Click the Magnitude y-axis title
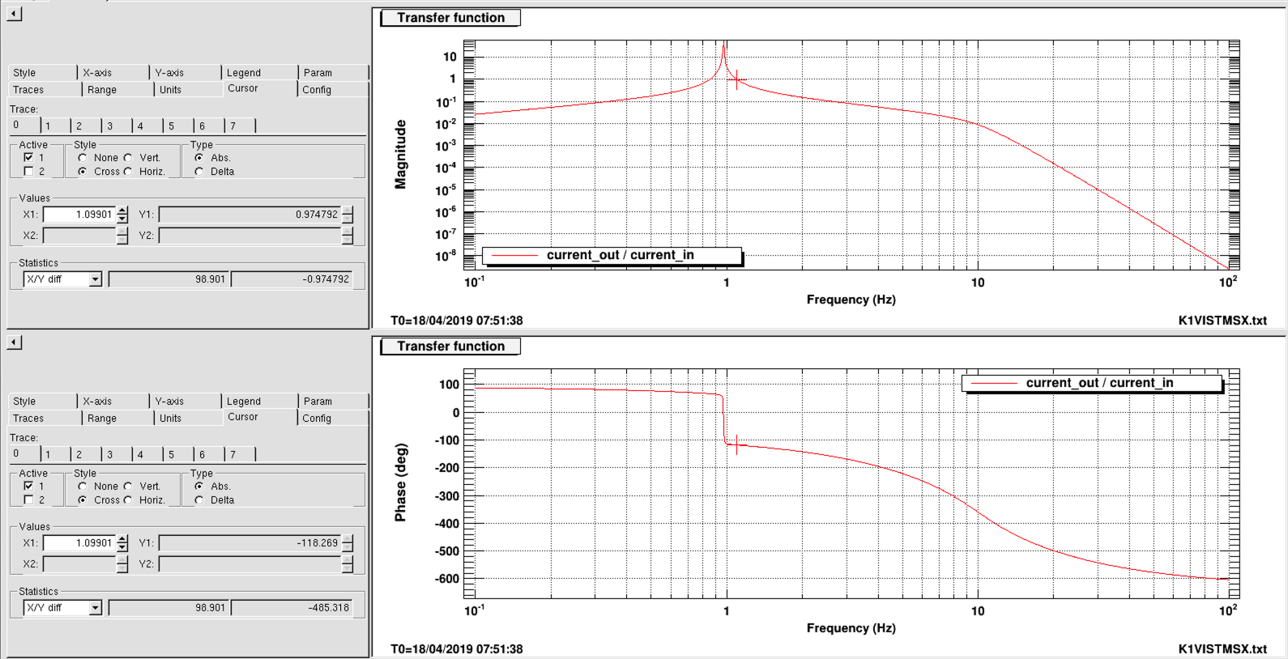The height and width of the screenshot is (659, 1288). [400, 155]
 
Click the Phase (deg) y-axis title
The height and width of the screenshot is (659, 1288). [400, 483]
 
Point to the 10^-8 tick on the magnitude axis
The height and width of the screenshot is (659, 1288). [446, 257]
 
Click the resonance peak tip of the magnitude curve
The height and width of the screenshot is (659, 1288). [723, 45]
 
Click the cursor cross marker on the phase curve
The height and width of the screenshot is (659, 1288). [736, 444]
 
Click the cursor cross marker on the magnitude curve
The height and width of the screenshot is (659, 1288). [736, 79]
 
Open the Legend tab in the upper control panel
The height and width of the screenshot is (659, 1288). [244, 73]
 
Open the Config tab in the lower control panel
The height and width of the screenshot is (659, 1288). [317, 419]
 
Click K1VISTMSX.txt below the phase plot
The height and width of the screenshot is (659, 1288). [1222, 649]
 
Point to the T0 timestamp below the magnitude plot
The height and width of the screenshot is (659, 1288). [457, 321]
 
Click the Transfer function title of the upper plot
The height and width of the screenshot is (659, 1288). [450, 18]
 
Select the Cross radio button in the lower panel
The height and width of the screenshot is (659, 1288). [83, 500]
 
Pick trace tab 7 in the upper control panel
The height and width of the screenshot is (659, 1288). [233, 126]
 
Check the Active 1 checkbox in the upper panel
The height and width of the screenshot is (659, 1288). [29, 158]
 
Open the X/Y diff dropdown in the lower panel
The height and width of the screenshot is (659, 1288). [95, 608]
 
